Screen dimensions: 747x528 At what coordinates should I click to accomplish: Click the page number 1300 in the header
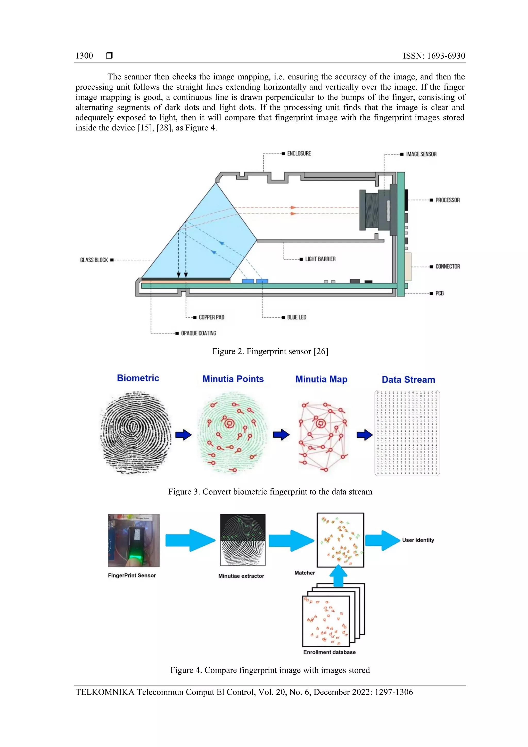[84, 56]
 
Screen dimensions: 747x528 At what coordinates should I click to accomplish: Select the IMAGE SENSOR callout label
[421, 154]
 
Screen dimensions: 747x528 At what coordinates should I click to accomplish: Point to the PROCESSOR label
[447, 200]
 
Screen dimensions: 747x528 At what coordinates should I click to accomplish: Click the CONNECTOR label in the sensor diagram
[447, 266]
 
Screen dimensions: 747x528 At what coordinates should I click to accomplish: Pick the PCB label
[439, 293]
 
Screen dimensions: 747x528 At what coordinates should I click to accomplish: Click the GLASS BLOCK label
[94, 260]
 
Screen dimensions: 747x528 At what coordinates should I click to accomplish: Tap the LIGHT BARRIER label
[320, 259]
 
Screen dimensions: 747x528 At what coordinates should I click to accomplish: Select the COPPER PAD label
[211, 317]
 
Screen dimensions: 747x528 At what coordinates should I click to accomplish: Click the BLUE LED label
[296, 317]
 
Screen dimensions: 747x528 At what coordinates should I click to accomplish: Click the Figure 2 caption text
[270, 351]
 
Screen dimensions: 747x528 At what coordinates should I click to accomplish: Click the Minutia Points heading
[233, 379]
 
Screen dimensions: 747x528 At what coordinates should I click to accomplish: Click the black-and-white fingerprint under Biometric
[136, 433]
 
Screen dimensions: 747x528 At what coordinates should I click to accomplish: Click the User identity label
[418, 540]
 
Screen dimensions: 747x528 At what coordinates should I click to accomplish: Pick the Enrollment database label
[329, 652]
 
